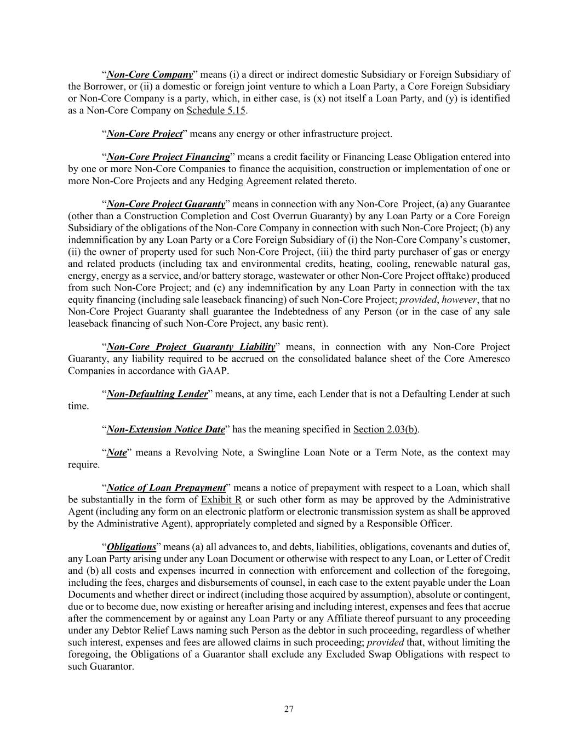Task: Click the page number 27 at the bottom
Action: (x=289, y=710)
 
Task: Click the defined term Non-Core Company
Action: (x=150, y=75)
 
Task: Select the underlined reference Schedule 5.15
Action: (x=216, y=111)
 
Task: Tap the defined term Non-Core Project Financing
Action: (x=168, y=157)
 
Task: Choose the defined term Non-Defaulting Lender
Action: (x=157, y=394)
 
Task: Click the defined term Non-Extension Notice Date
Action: (x=165, y=430)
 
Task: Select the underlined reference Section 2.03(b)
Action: (x=386, y=430)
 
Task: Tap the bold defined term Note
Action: (x=117, y=453)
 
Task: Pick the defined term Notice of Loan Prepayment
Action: (x=167, y=488)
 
